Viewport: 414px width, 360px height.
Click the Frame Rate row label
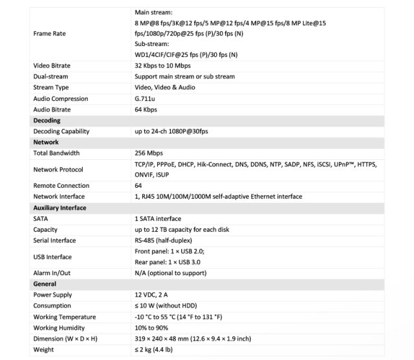point(50,34)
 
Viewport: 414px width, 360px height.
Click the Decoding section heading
point(47,120)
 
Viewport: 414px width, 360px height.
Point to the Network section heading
point(46,142)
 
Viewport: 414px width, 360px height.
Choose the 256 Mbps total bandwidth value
point(149,153)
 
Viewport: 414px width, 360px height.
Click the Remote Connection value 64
point(139,186)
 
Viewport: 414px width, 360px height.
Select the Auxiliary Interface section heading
point(60,208)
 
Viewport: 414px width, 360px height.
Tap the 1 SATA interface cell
point(158,219)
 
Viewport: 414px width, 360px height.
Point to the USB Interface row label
point(52,257)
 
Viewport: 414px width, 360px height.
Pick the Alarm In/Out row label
point(52,273)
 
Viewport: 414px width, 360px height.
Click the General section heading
point(45,284)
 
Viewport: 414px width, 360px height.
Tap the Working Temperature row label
point(65,317)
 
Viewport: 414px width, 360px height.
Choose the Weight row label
point(44,350)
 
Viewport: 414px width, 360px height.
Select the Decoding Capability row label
point(61,131)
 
